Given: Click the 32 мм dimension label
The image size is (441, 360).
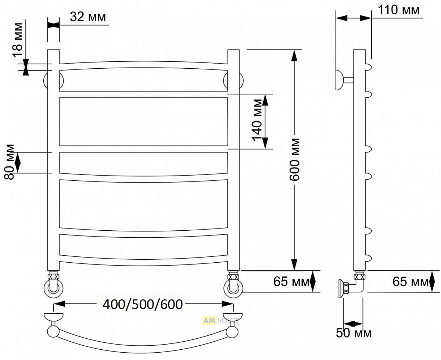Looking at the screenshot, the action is tap(88, 17).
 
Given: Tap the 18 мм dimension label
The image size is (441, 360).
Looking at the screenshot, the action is tap(18, 40).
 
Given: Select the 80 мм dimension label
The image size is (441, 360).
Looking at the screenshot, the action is tap(10, 162).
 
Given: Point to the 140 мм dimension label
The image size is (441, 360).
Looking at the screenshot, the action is tap(257, 120).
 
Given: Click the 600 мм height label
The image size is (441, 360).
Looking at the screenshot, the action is tap(294, 159).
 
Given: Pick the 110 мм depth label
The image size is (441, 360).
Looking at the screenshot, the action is tap(398, 10).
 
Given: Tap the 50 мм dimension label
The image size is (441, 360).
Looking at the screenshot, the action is tap(354, 333).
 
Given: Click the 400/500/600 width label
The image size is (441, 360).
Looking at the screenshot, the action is tap(143, 304).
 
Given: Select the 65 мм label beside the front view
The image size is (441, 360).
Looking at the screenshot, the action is tap(291, 282).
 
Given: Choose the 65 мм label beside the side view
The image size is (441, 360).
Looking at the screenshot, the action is tap(410, 282).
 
